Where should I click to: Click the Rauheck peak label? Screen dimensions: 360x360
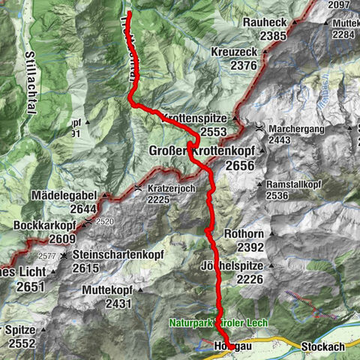265,23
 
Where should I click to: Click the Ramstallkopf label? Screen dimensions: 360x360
294,184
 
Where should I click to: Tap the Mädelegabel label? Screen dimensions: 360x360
61,195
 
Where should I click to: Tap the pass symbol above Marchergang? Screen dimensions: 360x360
259,128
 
